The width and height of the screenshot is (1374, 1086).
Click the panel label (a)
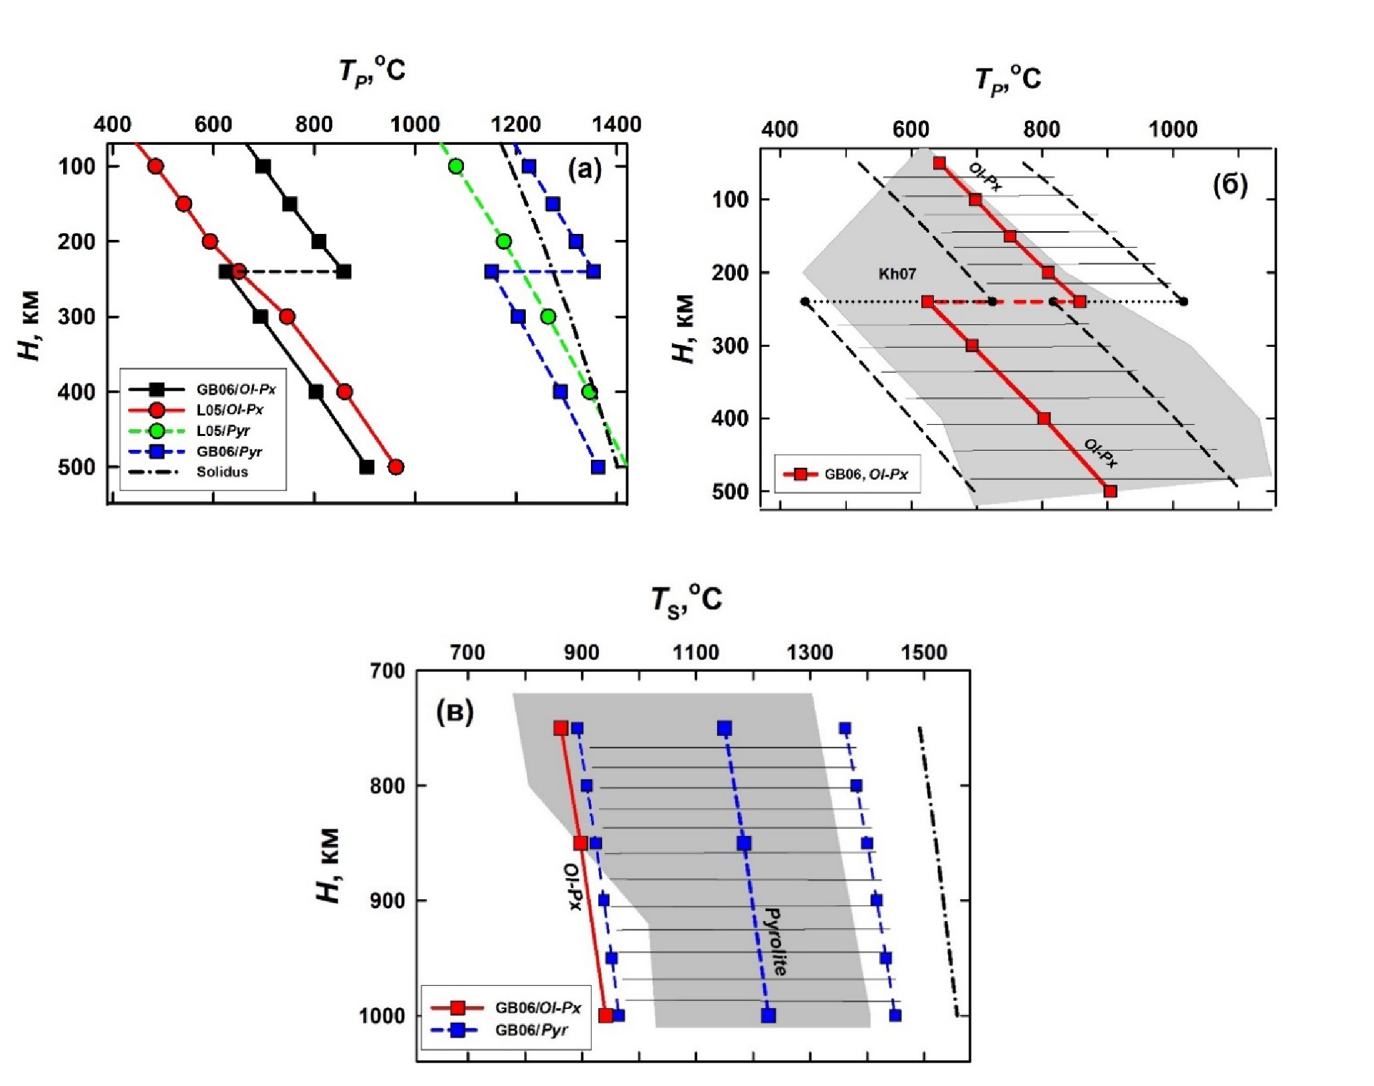tap(584, 170)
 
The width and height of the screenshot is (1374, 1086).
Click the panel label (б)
tap(1230, 185)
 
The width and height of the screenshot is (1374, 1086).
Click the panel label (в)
tap(455, 712)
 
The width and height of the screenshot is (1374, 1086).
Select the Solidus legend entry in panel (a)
tap(222, 473)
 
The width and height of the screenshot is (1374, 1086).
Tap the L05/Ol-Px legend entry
tap(229, 410)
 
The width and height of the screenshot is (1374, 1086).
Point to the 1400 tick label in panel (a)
tap(617, 125)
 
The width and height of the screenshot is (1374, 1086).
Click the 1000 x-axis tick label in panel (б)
tap(1173, 130)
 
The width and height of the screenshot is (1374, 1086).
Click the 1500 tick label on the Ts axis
tap(924, 653)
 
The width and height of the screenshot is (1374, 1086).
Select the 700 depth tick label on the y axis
tap(386, 671)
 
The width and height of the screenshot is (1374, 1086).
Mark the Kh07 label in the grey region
tap(897, 274)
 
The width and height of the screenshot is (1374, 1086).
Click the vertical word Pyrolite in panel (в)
tap(775, 941)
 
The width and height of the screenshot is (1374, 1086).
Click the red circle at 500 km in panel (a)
tap(396, 467)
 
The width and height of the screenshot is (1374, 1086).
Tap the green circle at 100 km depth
tap(455, 166)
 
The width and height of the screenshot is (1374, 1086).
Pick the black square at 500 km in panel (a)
tap(366, 467)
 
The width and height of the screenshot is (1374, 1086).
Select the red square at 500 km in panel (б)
tap(1109, 491)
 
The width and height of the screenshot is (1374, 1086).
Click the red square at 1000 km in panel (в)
tap(606, 1015)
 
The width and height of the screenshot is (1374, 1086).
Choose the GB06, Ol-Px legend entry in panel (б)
tap(865, 475)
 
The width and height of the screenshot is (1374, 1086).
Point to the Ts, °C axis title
tap(686, 600)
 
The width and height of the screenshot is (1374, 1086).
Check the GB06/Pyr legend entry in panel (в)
tap(530, 1031)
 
